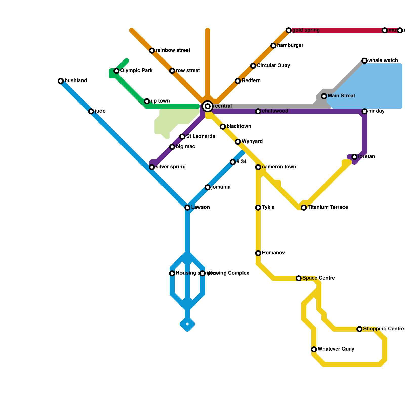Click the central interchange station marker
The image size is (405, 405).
(208, 106)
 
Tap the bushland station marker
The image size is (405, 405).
(61, 81)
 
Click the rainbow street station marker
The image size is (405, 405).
(152, 51)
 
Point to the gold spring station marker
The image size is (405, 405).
(289, 30)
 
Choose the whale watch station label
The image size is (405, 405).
(383, 60)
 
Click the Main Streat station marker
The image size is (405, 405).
(324, 96)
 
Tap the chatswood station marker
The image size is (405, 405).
(258, 111)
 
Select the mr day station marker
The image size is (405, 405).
(364, 111)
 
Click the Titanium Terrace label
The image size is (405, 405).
(328, 207)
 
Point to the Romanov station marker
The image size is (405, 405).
(258, 253)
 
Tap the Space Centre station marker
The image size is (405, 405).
(299, 278)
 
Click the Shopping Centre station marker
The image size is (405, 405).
(359, 329)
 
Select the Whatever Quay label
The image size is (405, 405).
(336, 349)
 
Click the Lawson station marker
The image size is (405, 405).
(187, 208)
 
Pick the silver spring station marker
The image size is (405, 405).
(152, 167)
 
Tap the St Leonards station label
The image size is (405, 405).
(200, 136)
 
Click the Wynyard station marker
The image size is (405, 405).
(238, 142)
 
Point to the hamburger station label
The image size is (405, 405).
(290, 45)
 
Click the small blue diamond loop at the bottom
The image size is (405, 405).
(187, 324)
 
